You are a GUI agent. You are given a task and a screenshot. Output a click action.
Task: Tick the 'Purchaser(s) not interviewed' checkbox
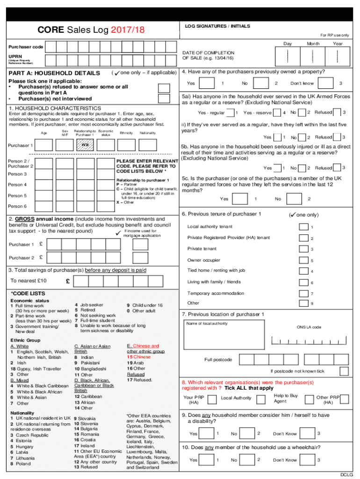[164, 99]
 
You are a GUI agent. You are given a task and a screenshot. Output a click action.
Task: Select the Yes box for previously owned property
[206, 83]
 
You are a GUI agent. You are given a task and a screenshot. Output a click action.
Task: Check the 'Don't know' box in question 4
[324, 83]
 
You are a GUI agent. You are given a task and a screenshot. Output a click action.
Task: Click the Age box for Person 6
[44, 206]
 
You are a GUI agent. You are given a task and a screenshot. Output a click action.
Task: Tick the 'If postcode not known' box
[344, 371]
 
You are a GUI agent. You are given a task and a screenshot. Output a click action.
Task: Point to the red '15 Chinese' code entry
[138, 357]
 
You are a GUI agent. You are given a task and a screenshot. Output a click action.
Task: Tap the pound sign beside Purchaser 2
[41, 257]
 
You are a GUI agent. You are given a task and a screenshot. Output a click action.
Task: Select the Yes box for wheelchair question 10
[206, 460]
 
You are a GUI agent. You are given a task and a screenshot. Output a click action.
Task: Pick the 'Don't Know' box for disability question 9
[307, 434]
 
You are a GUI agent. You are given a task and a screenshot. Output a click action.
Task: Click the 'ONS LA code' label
[309, 327]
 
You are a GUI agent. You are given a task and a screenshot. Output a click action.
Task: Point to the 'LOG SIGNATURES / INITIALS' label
[217, 26]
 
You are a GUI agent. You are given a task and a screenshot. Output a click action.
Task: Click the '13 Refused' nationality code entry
[86, 467]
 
